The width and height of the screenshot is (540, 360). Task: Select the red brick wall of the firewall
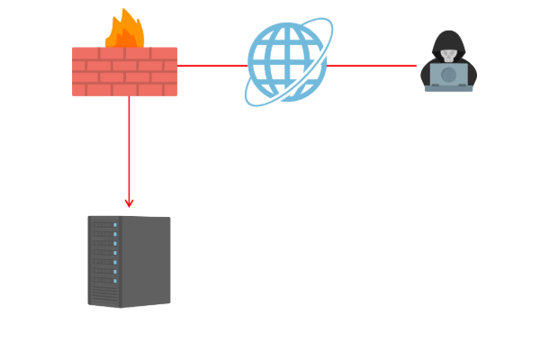[124, 72]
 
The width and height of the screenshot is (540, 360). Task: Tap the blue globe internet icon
[286, 63]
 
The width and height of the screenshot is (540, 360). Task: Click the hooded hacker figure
[448, 63]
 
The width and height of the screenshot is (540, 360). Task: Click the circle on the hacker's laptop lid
[448, 75]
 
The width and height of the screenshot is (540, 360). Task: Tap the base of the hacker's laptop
[448, 88]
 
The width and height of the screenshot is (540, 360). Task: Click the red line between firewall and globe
[211, 66]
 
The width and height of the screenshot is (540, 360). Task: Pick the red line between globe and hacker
[371, 66]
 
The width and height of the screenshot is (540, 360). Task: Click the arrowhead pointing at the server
[129, 203]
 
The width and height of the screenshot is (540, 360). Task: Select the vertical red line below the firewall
[129, 148]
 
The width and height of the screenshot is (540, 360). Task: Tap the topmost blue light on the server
[115, 226]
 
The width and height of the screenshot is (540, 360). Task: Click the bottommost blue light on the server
[115, 281]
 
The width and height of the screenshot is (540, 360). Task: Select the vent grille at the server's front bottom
[103, 295]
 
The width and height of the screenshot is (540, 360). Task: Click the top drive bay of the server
[103, 225]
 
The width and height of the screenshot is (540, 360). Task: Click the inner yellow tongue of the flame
[127, 38]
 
